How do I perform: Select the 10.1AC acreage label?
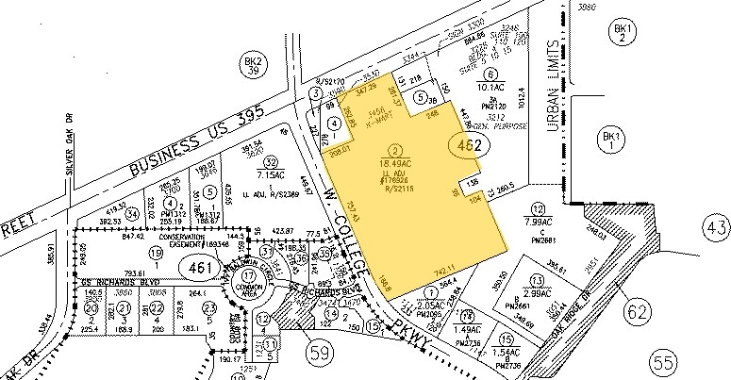(490, 87)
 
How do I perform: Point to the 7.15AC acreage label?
(271, 174)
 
